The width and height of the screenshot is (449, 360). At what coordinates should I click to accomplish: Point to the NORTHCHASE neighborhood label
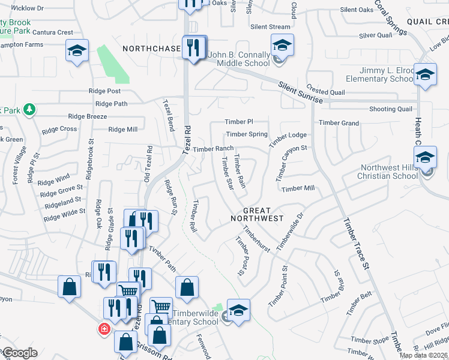click(151, 48)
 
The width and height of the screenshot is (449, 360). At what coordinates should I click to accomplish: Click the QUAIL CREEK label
click(427, 21)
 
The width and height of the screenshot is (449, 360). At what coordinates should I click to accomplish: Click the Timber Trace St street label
click(354, 242)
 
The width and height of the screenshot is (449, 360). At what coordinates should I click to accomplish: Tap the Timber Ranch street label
click(213, 148)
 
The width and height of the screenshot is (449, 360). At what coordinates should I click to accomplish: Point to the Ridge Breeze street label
click(88, 117)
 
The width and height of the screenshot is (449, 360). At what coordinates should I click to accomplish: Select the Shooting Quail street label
click(391, 109)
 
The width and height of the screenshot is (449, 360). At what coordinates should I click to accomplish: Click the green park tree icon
click(29, 110)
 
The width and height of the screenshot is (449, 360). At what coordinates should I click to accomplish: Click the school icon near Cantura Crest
click(77, 51)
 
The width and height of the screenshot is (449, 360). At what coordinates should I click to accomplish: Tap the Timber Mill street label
click(298, 188)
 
